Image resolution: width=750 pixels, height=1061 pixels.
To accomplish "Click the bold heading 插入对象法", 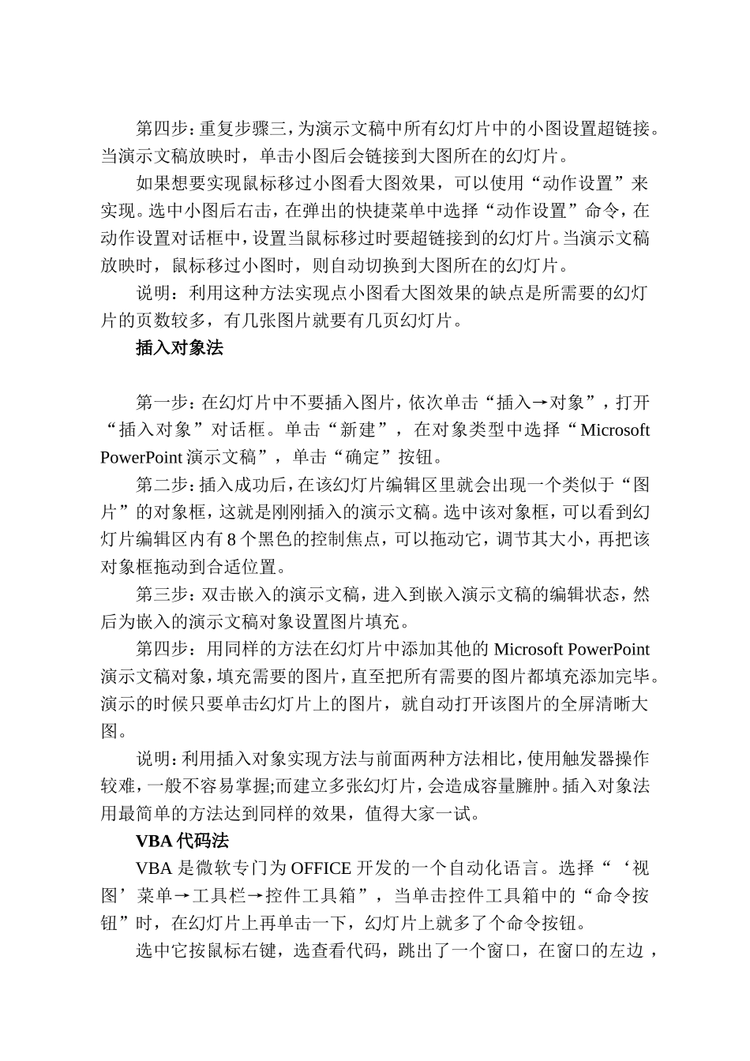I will coord(179,348).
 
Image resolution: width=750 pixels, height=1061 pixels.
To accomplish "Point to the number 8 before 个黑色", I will coord(231,539).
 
